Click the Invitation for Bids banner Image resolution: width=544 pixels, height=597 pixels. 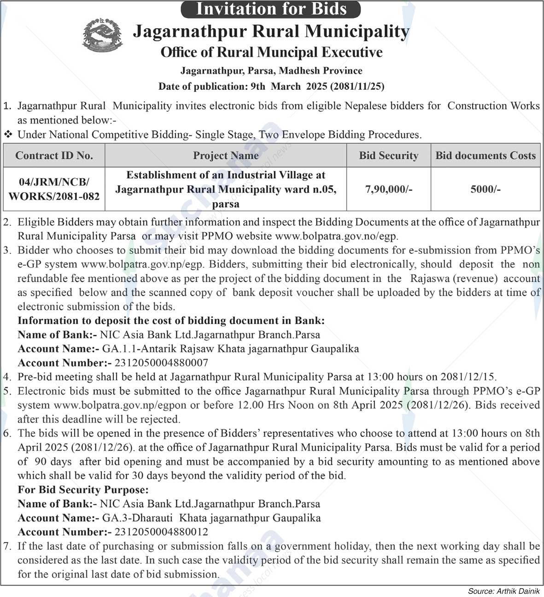click(271, 9)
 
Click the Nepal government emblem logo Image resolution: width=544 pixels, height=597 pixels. click(103, 35)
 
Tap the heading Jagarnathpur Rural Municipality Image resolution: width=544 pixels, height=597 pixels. click(271, 31)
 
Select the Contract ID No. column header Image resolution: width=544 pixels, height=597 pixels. click(54, 156)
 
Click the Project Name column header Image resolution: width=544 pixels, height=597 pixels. click(226, 156)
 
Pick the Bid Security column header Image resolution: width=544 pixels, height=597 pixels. click(388, 156)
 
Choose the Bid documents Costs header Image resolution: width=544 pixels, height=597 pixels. click(486, 156)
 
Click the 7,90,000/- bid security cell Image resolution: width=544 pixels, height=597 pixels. click(388, 189)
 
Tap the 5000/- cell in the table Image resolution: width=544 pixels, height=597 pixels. click(486, 189)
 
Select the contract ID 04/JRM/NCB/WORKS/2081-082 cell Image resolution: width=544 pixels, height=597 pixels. click(54, 189)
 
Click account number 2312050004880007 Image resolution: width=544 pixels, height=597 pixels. click(161, 363)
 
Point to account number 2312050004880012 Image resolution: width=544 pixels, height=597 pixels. click(161, 532)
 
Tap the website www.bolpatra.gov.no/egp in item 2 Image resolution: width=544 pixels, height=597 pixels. click(336, 236)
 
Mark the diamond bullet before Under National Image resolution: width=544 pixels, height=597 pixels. click(8, 135)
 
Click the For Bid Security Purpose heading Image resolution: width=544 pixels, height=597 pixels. click(83, 490)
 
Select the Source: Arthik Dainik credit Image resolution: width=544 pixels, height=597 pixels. click(503, 591)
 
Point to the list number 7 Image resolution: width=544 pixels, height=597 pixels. click(7, 546)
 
